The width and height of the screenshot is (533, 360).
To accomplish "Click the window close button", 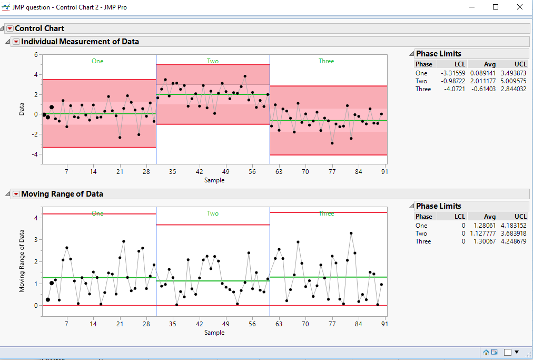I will (x=520, y=7).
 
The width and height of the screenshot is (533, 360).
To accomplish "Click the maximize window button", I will (x=496, y=7).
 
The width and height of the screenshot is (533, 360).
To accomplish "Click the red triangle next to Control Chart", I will (x=9, y=28).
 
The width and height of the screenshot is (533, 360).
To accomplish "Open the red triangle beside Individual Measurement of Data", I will (x=16, y=42).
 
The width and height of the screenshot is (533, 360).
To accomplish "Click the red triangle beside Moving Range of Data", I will (x=16, y=194).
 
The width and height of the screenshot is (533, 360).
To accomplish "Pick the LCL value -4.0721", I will (x=454, y=89).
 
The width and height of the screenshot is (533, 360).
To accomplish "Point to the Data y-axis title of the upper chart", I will (x=22, y=109).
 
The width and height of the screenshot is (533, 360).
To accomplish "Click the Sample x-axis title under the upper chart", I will (x=214, y=180).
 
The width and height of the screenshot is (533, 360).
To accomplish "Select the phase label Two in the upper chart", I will (x=213, y=61).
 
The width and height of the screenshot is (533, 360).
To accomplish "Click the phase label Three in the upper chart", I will (x=326, y=61).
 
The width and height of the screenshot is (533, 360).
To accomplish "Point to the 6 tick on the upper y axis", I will (x=36, y=54).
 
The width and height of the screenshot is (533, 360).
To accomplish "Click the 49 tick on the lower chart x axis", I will (x=225, y=324).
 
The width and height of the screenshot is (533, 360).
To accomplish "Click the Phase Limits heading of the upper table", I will (x=438, y=54).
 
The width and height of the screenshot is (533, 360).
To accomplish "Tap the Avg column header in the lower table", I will (x=490, y=217).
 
